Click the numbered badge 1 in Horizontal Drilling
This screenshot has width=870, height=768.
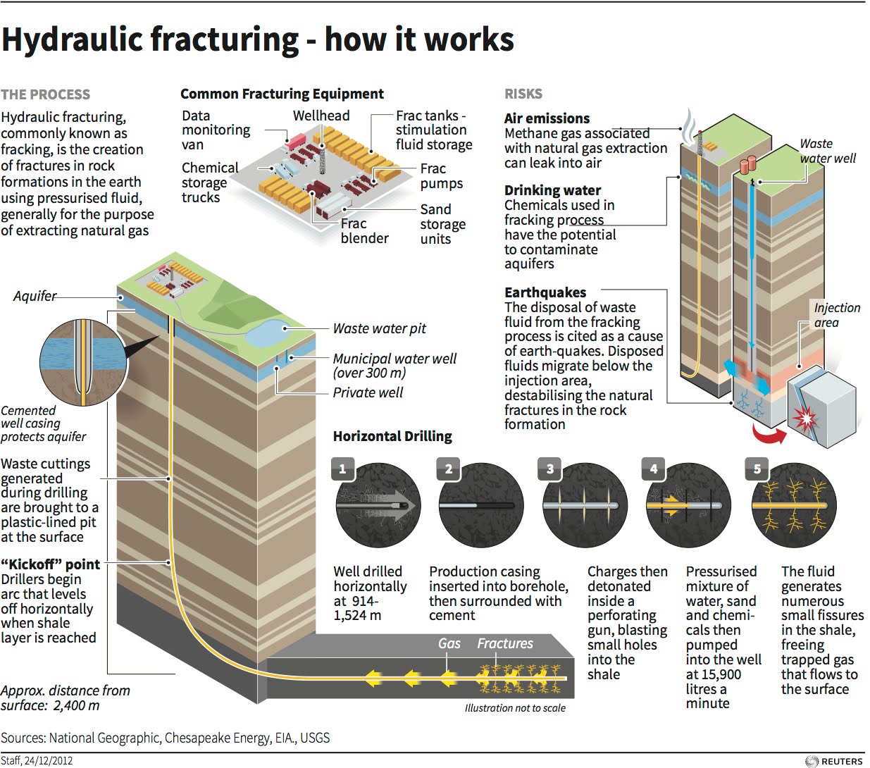342,469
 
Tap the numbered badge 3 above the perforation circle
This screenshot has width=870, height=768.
549,469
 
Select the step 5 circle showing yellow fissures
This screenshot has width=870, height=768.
788,506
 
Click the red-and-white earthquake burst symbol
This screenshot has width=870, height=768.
803,419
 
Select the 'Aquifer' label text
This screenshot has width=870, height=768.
35,296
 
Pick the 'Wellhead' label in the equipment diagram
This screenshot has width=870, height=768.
321,116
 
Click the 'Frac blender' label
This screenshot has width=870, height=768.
364,231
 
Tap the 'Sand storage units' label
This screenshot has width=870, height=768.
442,224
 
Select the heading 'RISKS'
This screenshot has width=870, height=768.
523,94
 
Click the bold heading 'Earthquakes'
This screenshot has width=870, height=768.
545,292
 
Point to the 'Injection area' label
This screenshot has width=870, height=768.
836,315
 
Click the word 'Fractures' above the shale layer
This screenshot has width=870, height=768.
505,643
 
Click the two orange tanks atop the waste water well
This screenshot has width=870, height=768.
747,164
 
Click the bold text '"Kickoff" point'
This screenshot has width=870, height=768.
51,564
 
